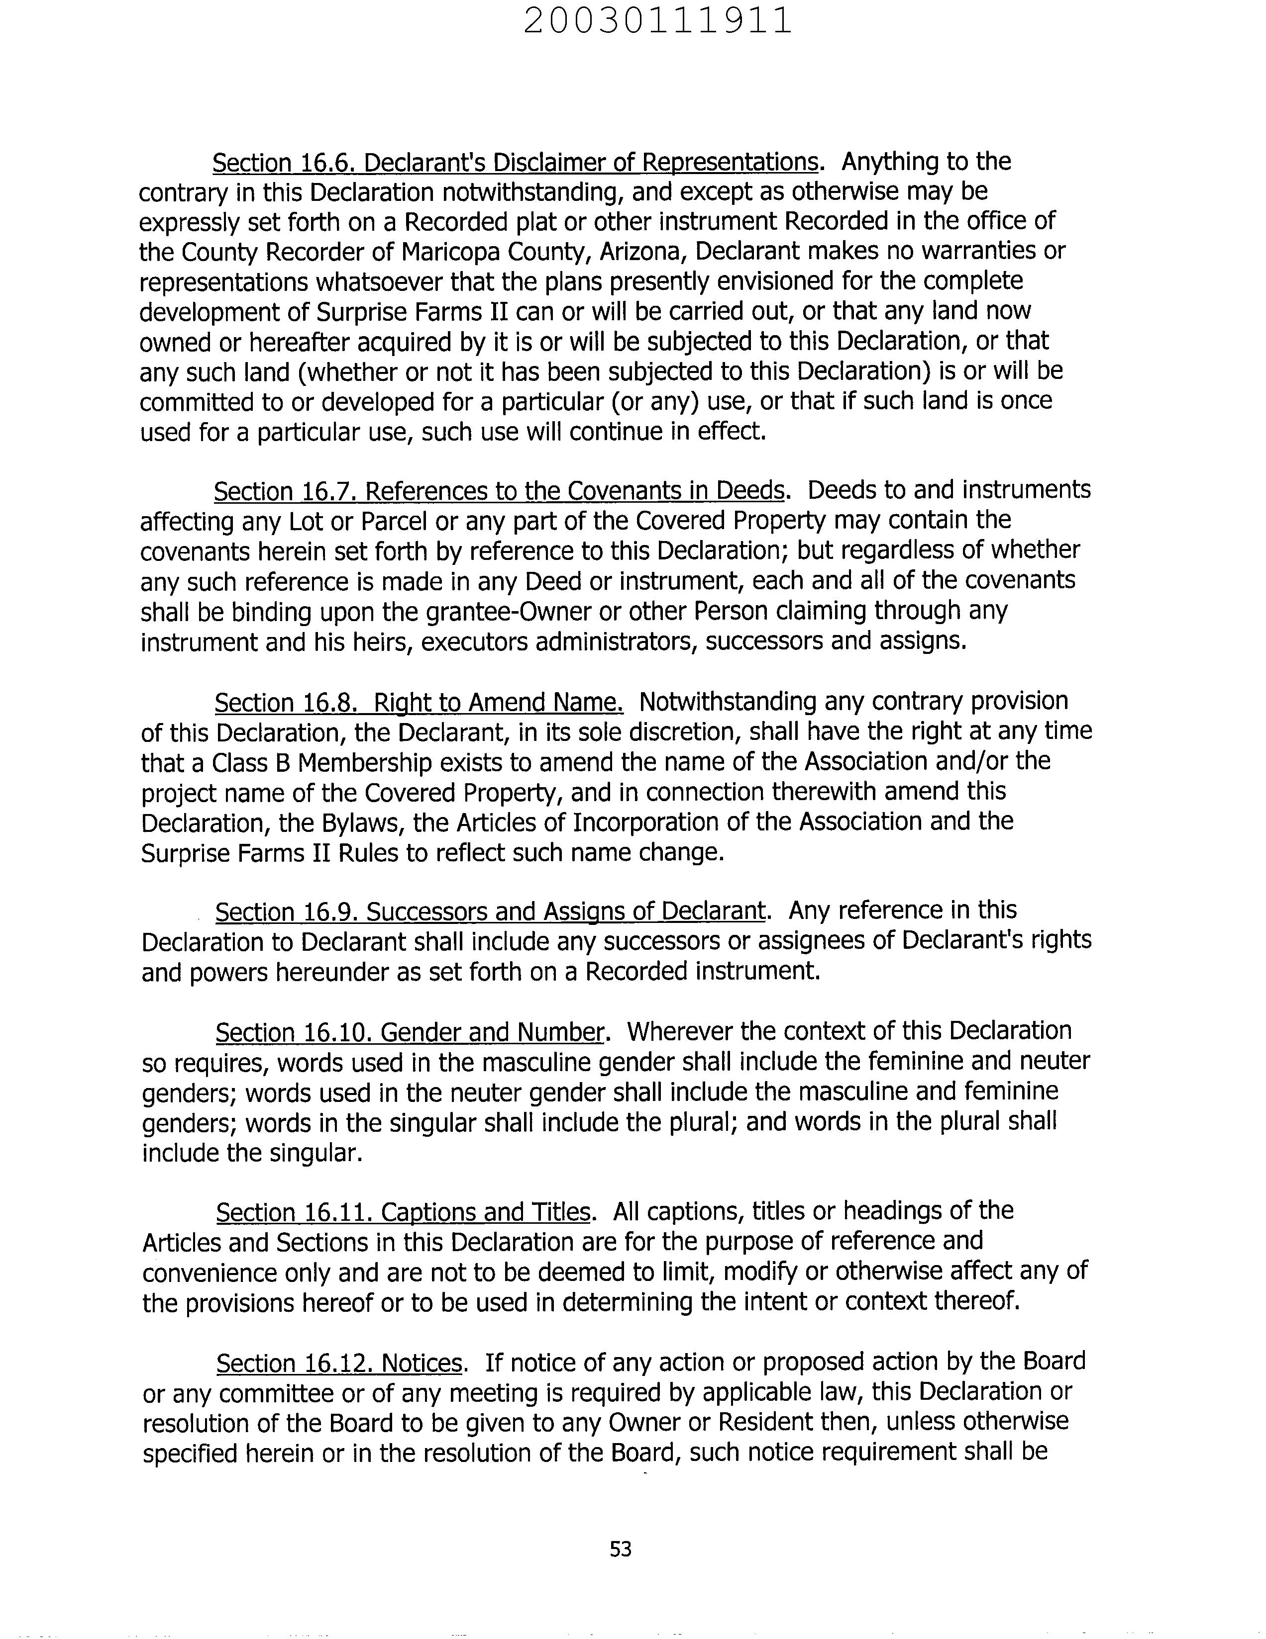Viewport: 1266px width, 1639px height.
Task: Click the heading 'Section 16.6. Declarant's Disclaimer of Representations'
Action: pos(515,163)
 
